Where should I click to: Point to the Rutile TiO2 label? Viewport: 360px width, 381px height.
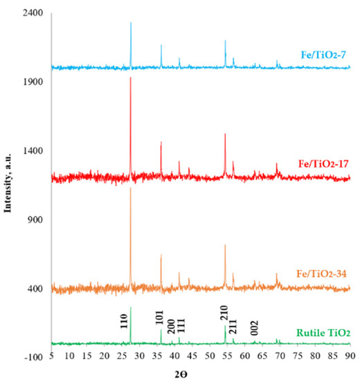coord(323,333)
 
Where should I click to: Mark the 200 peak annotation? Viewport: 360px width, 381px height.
coord(171,327)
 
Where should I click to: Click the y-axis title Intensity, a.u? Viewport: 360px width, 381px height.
coord(10,185)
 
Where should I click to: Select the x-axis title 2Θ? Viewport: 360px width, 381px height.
coord(200,374)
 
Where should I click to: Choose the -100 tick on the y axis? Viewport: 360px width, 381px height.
coord(35,357)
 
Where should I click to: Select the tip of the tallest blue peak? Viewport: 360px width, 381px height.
coord(130,23)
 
